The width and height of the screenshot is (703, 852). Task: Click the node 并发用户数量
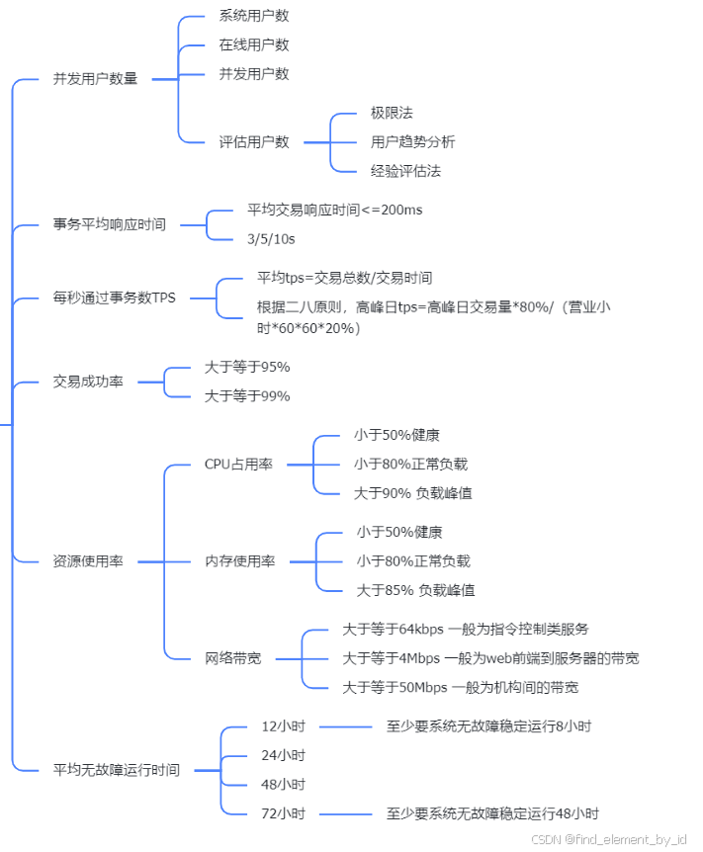tap(95, 79)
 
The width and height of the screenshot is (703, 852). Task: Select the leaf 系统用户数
tap(254, 16)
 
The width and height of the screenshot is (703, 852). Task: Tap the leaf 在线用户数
tap(254, 44)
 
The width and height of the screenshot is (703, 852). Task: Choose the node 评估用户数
tap(254, 141)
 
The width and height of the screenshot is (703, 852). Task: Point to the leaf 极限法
tap(392, 113)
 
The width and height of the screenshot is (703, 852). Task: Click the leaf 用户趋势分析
tap(413, 141)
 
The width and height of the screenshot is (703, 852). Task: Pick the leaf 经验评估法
tap(406, 171)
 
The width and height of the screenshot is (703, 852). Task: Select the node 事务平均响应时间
tap(109, 224)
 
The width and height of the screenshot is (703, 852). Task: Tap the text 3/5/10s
tap(271, 239)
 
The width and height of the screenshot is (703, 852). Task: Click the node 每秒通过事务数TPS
tap(115, 297)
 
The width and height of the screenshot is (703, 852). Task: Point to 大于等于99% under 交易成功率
tap(247, 396)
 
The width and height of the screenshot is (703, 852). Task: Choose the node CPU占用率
tap(239, 464)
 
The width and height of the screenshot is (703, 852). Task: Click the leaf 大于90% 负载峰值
tap(413, 492)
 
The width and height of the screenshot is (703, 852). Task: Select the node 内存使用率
tap(240, 560)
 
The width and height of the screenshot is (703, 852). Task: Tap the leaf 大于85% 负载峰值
tap(415, 590)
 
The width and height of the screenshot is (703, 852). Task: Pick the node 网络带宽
tap(233, 657)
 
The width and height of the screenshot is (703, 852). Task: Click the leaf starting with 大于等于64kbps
tap(466, 629)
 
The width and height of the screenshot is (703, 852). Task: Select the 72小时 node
tap(284, 813)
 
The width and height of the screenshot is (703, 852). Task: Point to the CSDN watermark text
tap(608, 839)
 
